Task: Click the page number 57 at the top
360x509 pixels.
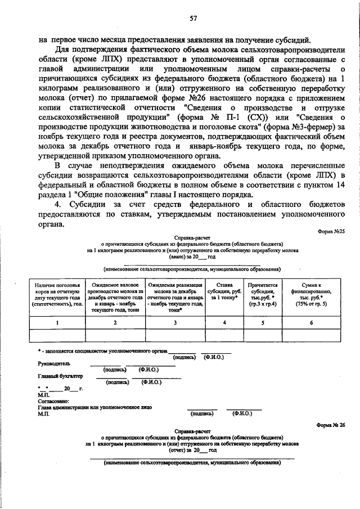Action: (x=192, y=19)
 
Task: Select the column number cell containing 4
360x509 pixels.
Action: (x=225, y=323)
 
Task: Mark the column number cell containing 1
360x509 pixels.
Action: (x=58, y=323)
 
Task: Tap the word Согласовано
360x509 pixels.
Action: (x=54, y=402)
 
